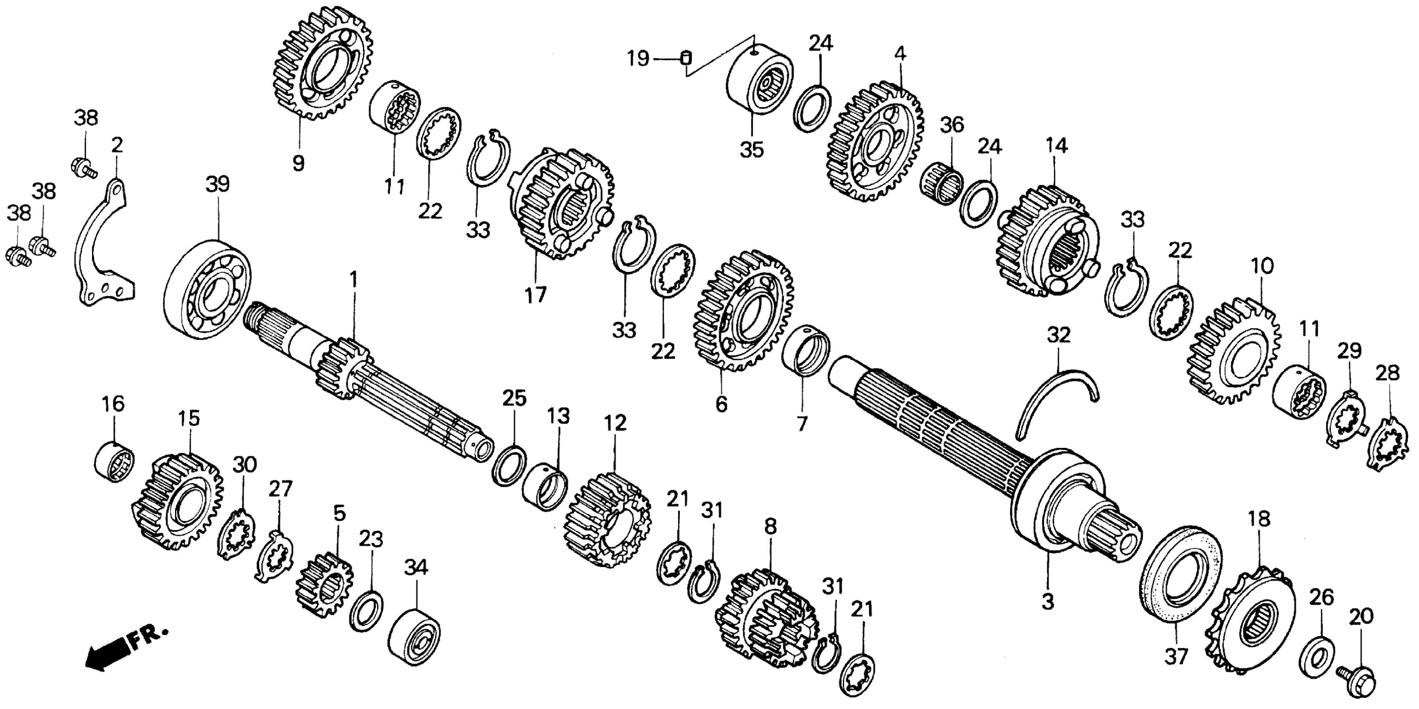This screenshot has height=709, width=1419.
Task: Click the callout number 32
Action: (x=1058, y=335)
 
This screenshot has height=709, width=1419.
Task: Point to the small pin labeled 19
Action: (x=686, y=57)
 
